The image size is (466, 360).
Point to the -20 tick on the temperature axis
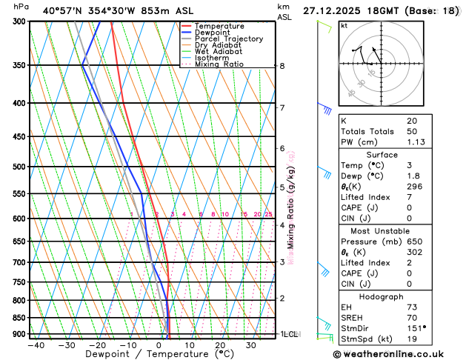97,344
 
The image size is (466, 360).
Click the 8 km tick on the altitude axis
282,66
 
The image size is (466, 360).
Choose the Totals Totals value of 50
413,131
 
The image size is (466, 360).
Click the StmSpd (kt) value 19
412,339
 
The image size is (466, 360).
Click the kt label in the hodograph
344,25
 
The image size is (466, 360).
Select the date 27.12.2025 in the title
333,10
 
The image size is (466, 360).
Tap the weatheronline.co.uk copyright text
398,354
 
